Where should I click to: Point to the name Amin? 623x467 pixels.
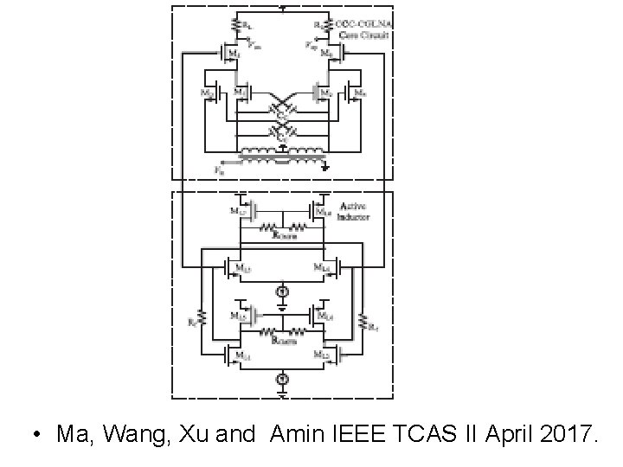coord(296,433)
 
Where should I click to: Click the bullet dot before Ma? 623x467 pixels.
coord(35,434)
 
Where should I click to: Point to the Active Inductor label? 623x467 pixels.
coord(355,212)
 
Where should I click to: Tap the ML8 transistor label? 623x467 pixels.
coord(323,209)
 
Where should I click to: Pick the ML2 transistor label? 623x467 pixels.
coord(321,355)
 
